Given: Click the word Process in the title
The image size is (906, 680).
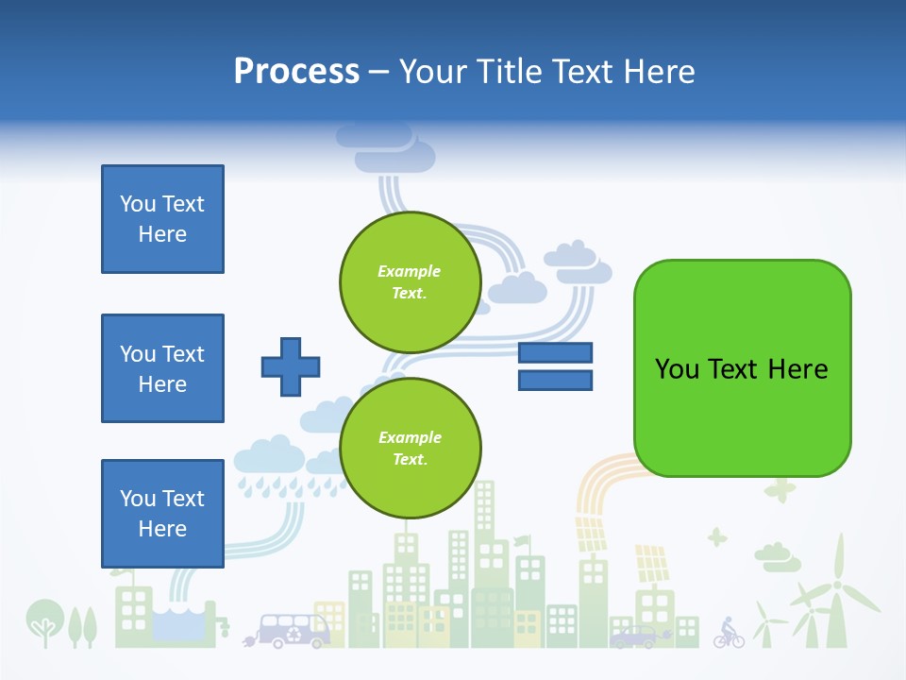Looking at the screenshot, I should [x=296, y=71].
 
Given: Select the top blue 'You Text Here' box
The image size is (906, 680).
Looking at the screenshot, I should [x=162, y=219].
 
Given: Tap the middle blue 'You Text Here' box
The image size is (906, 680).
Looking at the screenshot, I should [x=162, y=368].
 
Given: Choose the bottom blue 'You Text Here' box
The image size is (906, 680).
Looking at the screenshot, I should [x=162, y=514].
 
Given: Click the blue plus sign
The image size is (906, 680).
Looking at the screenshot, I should [x=291, y=365].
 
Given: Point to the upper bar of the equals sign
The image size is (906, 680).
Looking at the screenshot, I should [x=555, y=353].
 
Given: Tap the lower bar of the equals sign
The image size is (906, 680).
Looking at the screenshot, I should [x=555, y=381].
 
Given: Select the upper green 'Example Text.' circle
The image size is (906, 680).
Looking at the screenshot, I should [x=411, y=281].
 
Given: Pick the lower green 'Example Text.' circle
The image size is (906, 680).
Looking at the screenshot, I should [x=411, y=448].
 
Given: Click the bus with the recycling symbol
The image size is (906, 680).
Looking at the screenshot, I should [x=294, y=630].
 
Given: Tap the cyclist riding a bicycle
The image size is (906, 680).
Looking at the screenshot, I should [x=728, y=633].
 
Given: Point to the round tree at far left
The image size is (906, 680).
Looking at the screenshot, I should [x=42, y=619].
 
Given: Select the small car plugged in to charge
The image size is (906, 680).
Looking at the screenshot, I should [x=634, y=637].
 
